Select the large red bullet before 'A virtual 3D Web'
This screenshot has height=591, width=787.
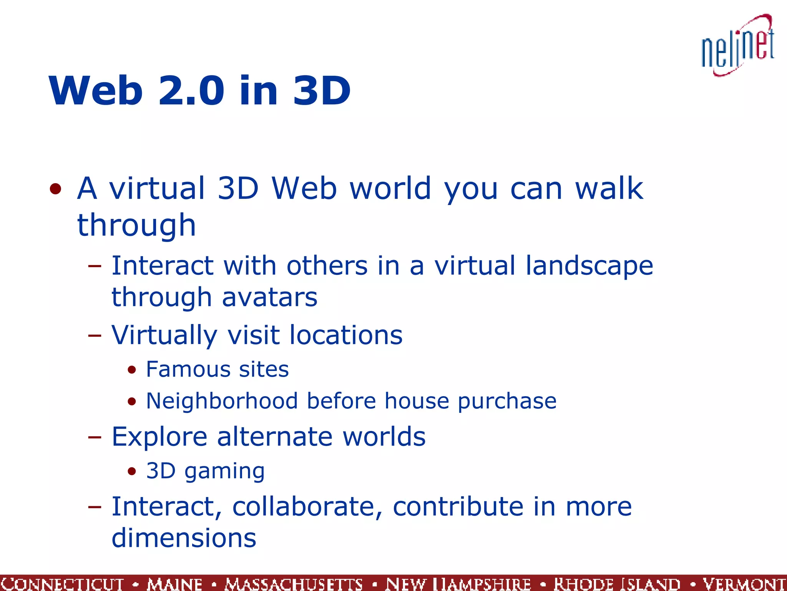56,189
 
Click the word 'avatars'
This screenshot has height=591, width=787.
270,297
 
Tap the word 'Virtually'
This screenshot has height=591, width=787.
164,335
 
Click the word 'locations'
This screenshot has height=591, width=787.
346,335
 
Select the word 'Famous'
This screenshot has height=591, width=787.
188,369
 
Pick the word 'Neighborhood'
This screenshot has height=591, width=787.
222,401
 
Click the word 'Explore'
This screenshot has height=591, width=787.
159,437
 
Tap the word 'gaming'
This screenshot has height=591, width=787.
224,472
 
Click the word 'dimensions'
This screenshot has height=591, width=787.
184,538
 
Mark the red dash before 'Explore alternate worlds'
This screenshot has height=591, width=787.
95,437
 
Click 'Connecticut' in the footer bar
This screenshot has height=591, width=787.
62,584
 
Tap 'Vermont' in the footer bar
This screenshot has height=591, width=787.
744,584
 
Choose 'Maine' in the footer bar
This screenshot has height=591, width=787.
175,584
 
